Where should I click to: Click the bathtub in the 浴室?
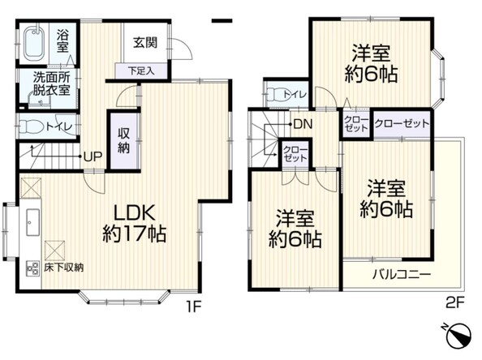(x=35, y=45)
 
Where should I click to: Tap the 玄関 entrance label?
(x=145, y=42)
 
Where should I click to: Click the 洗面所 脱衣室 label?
(x=51, y=85)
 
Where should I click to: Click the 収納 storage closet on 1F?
(x=123, y=140)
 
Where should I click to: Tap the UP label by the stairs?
(x=93, y=156)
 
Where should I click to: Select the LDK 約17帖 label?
(x=135, y=225)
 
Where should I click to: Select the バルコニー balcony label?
(x=402, y=274)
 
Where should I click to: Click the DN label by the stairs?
(x=303, y=124)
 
